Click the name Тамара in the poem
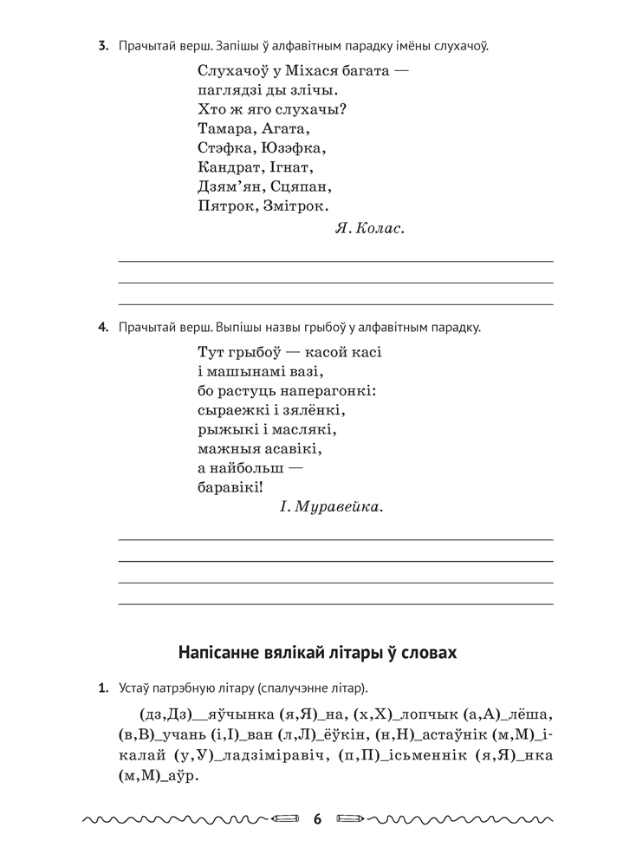click(223, 128)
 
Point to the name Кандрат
click(227, 167)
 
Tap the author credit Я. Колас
click(369, 229)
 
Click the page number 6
click(317, 818)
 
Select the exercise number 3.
click(102, 45)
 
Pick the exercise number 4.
click(102, 328)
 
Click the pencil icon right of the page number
click(350, 818)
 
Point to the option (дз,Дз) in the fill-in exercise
click(164, 716)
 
